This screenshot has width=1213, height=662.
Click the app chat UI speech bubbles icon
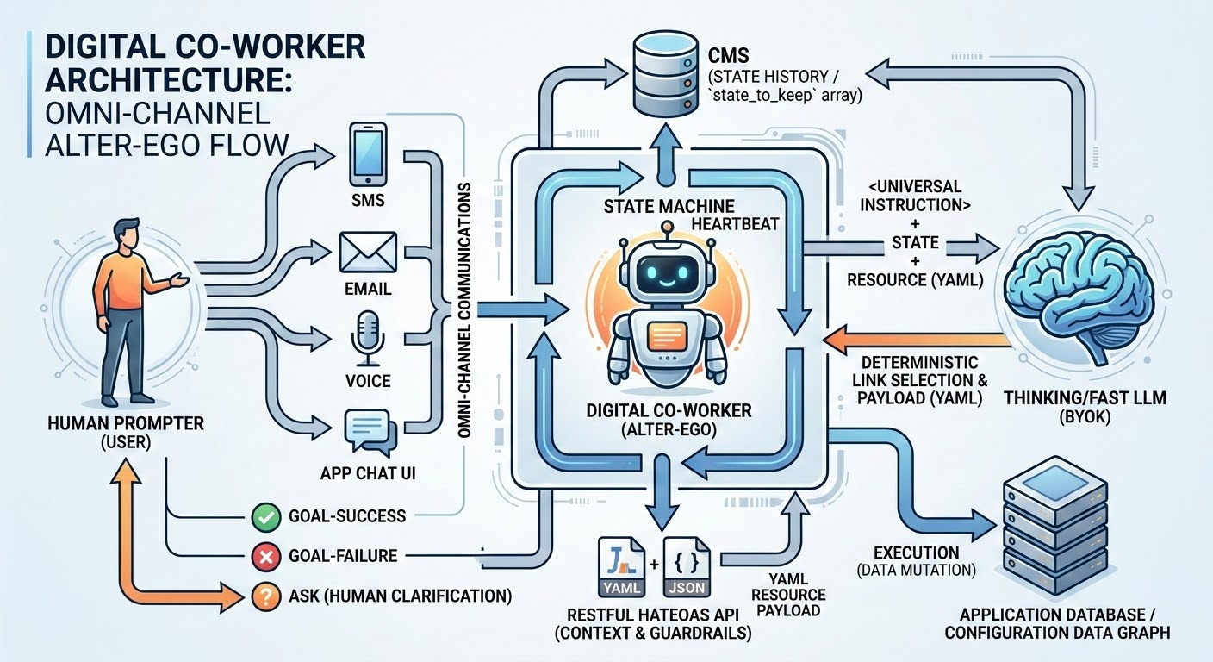tap(369, 431)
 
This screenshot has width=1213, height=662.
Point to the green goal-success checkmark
tap(263, 517)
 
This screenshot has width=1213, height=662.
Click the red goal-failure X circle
tap(263, 557)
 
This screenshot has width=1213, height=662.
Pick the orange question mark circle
tap(263, 596)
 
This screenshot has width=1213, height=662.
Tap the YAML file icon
tap(619, 568)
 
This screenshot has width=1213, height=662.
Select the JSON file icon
tap(687, 568)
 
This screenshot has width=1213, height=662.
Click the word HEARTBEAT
tap(734, 223)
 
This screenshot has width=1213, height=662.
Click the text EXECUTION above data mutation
tap(916, 553)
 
